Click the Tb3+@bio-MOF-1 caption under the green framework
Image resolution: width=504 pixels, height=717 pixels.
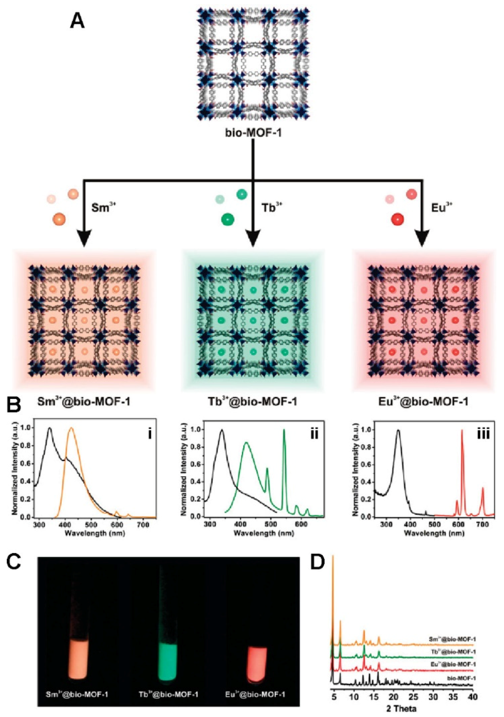[253, 402]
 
